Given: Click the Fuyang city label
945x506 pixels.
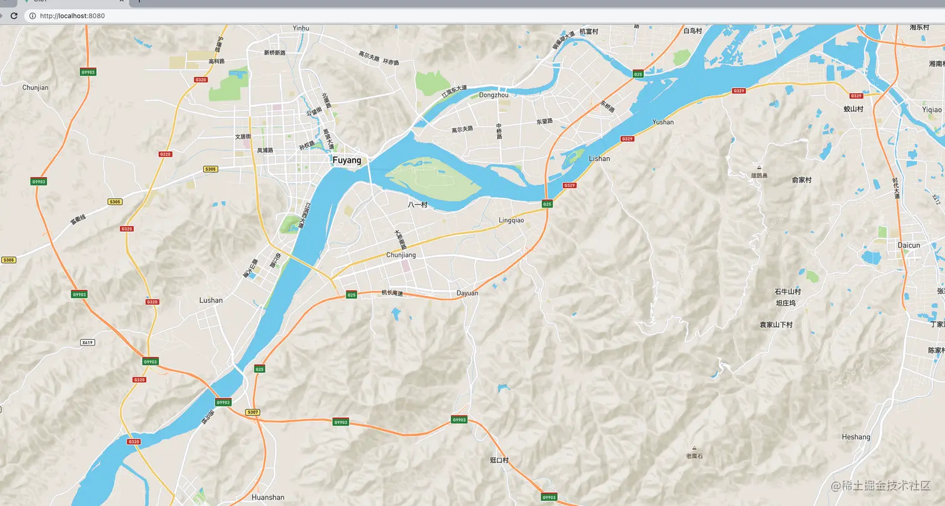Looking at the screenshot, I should pyautogui.click(x=347, y=161).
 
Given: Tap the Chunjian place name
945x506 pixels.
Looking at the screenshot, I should pyautogui.click(x=35, y=87).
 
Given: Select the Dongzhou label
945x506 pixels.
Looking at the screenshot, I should pyautogui.click(x=494, y=95).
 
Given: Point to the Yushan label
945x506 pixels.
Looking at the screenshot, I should pyautogui.click(x=663, y=122).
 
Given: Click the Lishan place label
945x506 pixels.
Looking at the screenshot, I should pyautogui.click(x=599, y=159).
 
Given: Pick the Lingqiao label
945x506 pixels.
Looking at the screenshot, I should pyautogui.click(x=511, y=220).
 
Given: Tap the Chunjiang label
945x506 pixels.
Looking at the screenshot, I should pyautogui.click(x=401, y=255).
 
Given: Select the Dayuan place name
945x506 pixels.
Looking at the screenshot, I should pyautogui.click(x=467, y=293).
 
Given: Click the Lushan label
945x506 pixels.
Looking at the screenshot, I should pyautogui.click(x=211, y=300).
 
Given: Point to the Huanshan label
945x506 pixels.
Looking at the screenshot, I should pyautogui.click(x=267, y=497).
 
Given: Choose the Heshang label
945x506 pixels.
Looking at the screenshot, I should pyautogui.click(x=856, y=437).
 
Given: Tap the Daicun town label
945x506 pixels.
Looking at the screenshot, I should pyautogui.click(x=909, y=245).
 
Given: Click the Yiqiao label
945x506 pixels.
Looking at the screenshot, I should pyautogui.click(x=931, y=109).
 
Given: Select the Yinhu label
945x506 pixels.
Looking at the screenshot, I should pyautogui.click(x=301, y=28).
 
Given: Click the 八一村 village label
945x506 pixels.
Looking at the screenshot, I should pyautogui.click(x=417, y=204).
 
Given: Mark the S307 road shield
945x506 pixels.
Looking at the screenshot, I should pyautogui.click(x=252, y=412).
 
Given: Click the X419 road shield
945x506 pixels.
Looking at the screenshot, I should pyautogui.click(x=87, y=342).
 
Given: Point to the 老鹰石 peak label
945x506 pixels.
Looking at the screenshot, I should pyautogui.click(x=694, y=456).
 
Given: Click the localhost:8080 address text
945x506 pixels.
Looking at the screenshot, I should pyautogui.click(x=72, y=16).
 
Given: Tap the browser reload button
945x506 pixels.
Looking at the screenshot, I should pyautogui.click(x=14, y=16).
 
